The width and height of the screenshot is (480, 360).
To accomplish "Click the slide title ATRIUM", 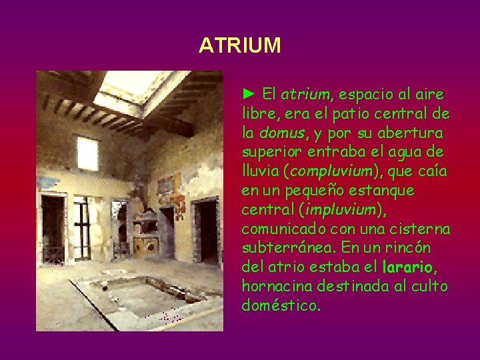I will pyautogui.click(x=240, y=45).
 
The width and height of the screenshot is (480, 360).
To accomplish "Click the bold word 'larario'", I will pyautogui.click(x=408, y=267).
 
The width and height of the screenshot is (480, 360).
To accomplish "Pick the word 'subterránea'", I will pyautogui.click(x=281, y=248).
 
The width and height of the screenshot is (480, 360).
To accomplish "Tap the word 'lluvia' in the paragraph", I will pyautogui.click(x=261, y=171).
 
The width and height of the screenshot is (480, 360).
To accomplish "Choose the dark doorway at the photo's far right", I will pyautogui.click(x=208, y=230).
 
